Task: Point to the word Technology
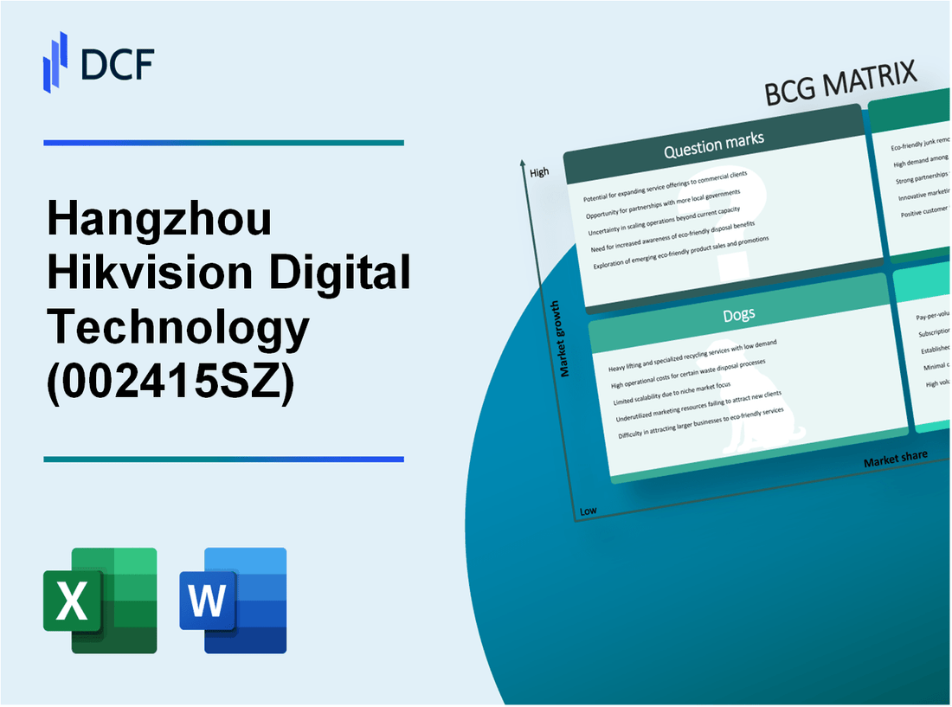(x=177, y=327)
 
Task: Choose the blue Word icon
(x=234, y=600)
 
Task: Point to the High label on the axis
(x=539, y=172)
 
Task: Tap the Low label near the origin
(x=588, y=511)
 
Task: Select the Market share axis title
(x=895, y=457)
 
